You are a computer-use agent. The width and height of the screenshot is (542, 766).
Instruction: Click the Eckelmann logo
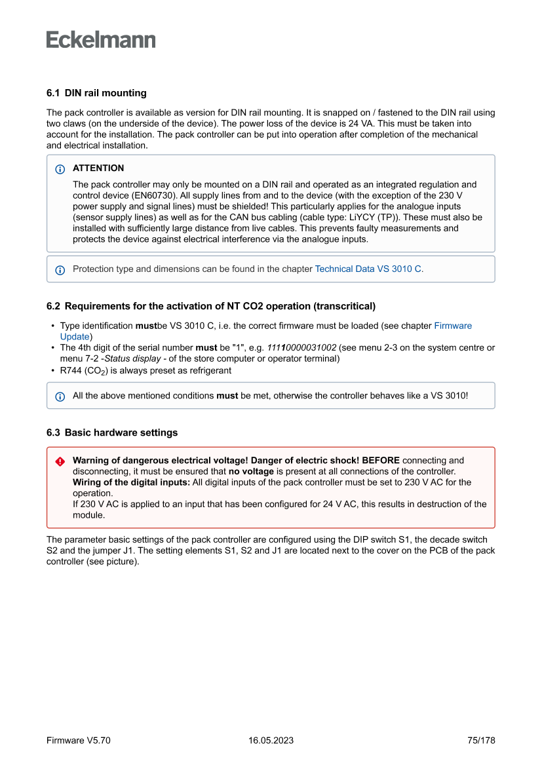[101, 40]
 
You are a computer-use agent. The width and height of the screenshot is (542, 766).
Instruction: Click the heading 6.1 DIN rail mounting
[96, 93]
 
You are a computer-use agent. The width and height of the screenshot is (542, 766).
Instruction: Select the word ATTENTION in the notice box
[98, 168]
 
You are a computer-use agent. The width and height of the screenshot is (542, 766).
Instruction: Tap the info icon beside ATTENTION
[60, 169]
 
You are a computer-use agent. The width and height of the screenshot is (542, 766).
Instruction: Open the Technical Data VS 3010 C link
[368, 269]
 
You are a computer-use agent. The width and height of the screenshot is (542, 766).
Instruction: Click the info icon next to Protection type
[60, 269]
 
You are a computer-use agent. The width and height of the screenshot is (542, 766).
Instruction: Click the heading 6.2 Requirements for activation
[210, 306]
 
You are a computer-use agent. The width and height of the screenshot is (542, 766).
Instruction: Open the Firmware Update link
[453, 326]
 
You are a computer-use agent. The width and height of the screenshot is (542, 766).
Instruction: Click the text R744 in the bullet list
[72, 370]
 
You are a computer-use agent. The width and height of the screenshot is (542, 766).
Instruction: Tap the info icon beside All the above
[60, 396]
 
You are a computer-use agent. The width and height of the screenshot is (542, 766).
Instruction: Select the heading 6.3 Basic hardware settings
[112, 432]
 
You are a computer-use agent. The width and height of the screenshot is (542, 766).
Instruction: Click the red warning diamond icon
[60, 461]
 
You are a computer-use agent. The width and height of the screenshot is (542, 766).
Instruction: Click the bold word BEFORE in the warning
[381, 461]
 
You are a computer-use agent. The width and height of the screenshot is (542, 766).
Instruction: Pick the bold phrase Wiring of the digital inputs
[131, 482]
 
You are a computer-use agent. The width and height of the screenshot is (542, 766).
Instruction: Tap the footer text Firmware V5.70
[79, 740]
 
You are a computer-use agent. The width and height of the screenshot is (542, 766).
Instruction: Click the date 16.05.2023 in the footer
[271, 740]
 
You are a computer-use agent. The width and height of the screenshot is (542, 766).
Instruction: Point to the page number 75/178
[481, 740]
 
